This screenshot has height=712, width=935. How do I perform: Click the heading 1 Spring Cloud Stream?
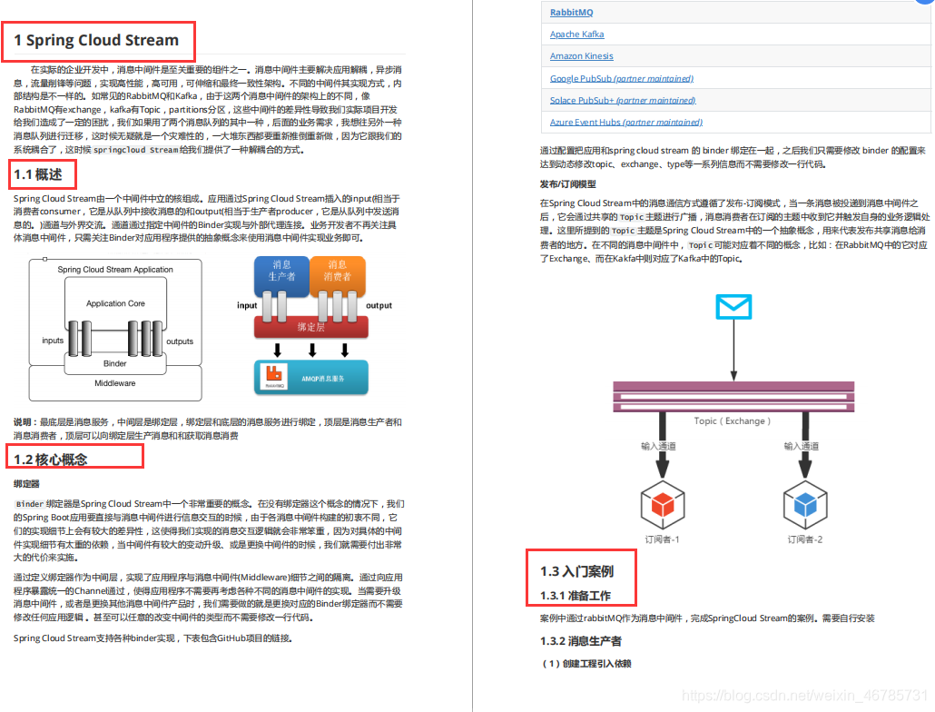(x=96, y=40)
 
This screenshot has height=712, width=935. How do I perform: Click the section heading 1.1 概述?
(x=38, y=174)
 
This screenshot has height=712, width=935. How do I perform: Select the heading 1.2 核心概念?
(x=51, y=459)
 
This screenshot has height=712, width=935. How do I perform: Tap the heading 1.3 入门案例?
(x=576, y=571)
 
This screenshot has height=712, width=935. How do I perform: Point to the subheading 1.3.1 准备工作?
(x=576, y=596)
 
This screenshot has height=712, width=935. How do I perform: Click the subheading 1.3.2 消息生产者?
(x=581, y=641)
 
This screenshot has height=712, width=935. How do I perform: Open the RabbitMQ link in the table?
(x=571, y=13)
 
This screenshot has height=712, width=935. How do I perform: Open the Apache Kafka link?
(x=576, y=35)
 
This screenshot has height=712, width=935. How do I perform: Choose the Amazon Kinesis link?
(x=581, y=56)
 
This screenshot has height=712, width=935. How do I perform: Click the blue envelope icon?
(x=733, y=307)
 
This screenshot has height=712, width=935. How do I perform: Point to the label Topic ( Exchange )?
(x=732, y=420)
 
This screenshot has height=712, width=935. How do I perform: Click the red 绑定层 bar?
(x=310, y=326)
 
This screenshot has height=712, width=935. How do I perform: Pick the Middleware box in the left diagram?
(x=115, y=383)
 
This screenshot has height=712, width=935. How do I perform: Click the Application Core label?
(x=115, y=303)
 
